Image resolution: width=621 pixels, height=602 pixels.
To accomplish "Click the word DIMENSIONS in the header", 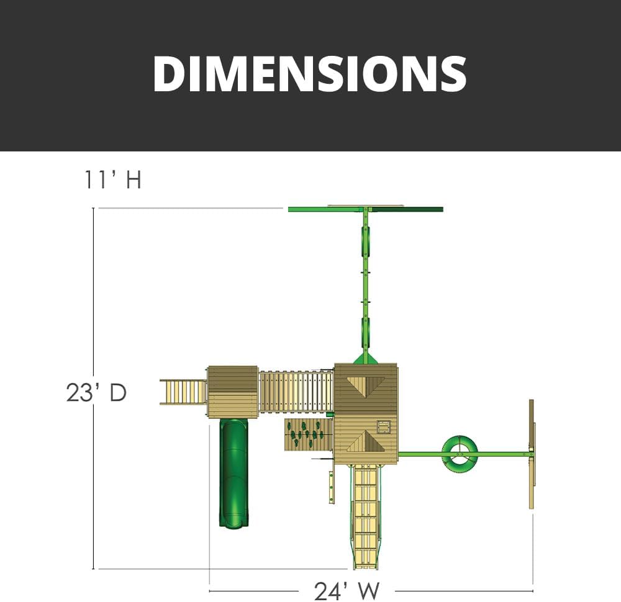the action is click(310, 74).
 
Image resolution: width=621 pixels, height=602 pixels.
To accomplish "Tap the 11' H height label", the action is click(112, 180).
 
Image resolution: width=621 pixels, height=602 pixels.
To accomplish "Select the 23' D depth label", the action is click(96, 393).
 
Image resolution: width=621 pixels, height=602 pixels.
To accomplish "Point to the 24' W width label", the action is click(347, 591).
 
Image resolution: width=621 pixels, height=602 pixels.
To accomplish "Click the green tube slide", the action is click(234, 472).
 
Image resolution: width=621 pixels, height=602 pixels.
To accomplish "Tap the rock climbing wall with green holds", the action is click(309, 434).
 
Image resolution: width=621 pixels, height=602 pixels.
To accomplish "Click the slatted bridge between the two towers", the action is click(296, 391).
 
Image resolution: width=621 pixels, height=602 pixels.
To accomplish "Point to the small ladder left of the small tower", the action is click(183, 392).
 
